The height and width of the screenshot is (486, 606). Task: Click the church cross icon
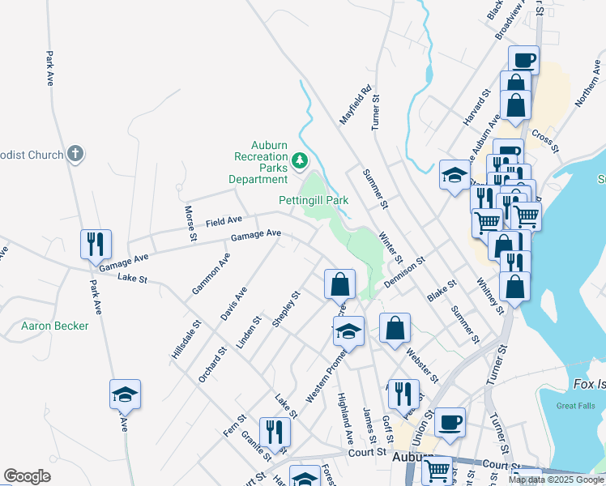click(x=75, y=153)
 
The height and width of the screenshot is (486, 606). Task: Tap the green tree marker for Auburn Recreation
click(x=301, y=161)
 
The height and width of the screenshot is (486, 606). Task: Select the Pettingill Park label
click(x=314, y=199)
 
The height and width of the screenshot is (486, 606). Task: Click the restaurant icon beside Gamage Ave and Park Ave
click(x=96, y=244)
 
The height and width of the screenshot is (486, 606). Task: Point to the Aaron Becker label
click(x=55, y=326)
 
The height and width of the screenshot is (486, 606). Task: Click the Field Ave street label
click(x=224, y=220)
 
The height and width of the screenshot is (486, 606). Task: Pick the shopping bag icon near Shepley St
click(x=339, y=284)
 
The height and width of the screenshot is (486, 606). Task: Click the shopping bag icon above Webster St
click(x=395, y=328)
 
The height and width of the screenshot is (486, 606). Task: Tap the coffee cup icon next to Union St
click(x=450, y=422)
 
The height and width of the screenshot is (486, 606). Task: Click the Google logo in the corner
click(x=27, y=476)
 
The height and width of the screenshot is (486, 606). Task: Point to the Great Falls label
click(x=576, y=407)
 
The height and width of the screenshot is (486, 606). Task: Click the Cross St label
click(x=547, y=139)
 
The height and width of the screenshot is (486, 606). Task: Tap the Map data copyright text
click(x=556, y=480)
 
